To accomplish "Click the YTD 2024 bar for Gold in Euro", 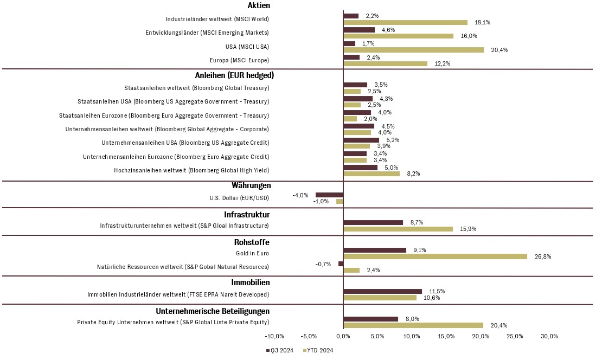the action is (436, 256).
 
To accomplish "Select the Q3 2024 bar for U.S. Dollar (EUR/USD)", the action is (329, 195).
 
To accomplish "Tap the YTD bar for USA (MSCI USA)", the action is (413, 50).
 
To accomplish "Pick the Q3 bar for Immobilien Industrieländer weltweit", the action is (382, 292).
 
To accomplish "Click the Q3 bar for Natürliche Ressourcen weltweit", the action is (341, 263).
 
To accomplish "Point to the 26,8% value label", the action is (543, 256).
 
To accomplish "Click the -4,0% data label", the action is (300, 195).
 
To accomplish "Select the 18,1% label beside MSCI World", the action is (482, 22).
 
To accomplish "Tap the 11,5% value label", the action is (437, 291).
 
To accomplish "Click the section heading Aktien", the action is (259, 5).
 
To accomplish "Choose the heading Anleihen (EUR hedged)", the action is (234, 75).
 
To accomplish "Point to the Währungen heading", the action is (251, 185).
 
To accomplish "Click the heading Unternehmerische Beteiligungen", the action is (213, 311).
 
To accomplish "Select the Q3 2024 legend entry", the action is (280, 350).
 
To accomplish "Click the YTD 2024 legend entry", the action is (318, 350).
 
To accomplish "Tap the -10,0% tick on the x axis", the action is (274, 336).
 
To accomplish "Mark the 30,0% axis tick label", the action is (549, 336).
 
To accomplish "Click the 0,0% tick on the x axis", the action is (343, 336).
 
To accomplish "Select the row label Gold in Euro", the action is (252, 253).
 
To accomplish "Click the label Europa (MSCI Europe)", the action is (239, 60).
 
